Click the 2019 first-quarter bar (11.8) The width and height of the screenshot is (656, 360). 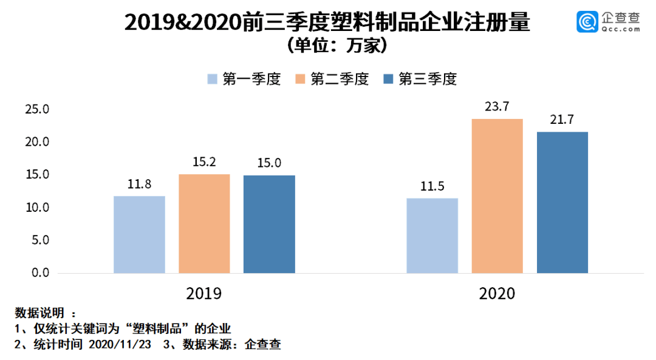click(139, 234)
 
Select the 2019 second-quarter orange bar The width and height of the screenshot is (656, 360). click(204, 223)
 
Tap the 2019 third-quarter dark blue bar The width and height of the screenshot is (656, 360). click(269, 224)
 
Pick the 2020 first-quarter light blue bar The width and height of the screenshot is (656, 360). click(432, 236)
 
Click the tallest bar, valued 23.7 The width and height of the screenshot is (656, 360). click(497, 195)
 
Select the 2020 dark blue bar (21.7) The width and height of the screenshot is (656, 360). click(562, 202)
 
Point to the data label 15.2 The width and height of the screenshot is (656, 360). click(204, 163)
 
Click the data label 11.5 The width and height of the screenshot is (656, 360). click(432, 186)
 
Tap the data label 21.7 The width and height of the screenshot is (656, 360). click(562, 120)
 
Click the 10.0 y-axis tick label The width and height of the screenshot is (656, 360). click(36, 208)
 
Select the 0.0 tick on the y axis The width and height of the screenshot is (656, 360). click(39, 273)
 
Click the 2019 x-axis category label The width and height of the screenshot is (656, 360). click(203, 294)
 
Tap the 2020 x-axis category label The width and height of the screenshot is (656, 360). click(497, 294)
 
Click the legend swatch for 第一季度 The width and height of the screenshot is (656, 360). click(212, 80)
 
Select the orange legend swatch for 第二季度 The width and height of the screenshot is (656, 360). click(300, 80)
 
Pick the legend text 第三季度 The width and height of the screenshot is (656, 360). click(427, 80)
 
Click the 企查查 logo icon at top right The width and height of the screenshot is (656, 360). click(587, 22)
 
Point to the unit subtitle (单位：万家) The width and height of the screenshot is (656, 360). click(327, 46)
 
